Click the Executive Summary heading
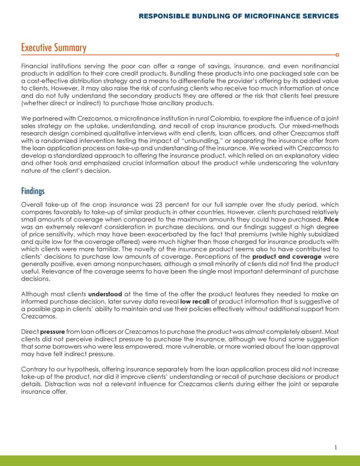click(x=53, y=47)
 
